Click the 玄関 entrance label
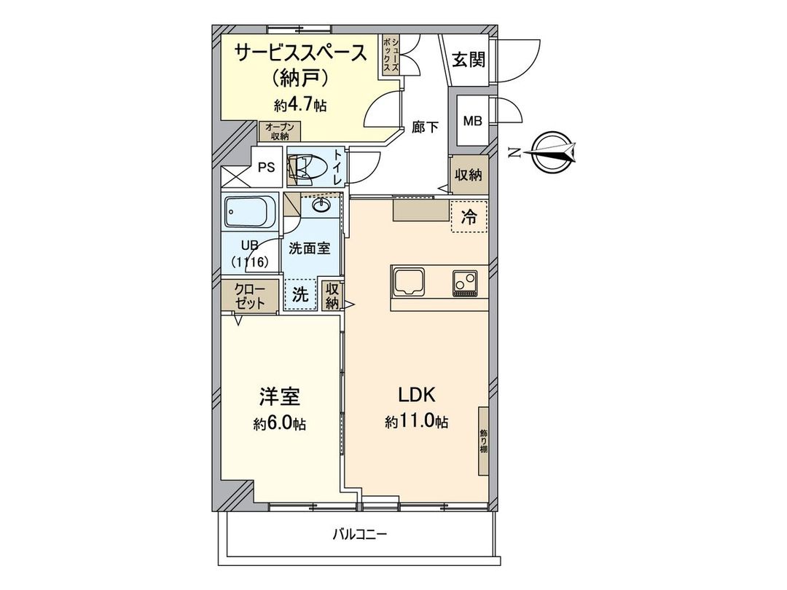click(468, 60)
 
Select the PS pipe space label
click(267, 167)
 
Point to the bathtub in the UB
click(250, 213)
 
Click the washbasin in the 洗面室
click(321, 206)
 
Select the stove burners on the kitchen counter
click(466, 281)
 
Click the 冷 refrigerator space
click(469, 216)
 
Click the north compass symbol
click(552, 151)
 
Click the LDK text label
click(416, 396)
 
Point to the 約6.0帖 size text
click(279, 423)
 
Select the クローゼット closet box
click(249, 296)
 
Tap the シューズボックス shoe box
click(391, 56)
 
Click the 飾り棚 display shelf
click(483, 441)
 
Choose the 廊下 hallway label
click(425, 127)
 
